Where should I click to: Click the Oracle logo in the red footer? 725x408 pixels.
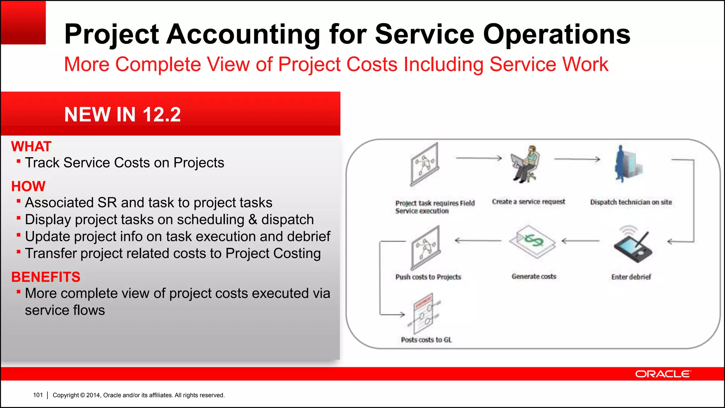(x=662, y=374)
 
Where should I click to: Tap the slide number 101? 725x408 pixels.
(x=38, y=395)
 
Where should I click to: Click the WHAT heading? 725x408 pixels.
(x=31, y=146)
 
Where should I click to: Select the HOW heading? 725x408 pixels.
(x=28, y=186)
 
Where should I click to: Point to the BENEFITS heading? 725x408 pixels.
(x=46, y=277)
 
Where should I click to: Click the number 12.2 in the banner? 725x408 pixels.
(x=161, y=114)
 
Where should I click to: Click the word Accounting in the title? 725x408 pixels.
(x=244, y=34)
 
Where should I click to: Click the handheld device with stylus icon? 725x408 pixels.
(x=633, y=245)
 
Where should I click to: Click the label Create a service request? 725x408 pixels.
(x=528, y=202)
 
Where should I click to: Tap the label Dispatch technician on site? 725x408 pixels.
(x=631, y=202)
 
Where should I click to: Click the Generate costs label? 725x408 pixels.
(x=533, y=276)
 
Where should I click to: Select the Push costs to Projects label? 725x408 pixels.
(x=428, y=277)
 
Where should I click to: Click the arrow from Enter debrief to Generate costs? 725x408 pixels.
(x=581, y=241)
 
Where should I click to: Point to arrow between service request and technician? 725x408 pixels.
(x=577, y=159)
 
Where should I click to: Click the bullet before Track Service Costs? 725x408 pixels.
(x=18, y=161)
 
